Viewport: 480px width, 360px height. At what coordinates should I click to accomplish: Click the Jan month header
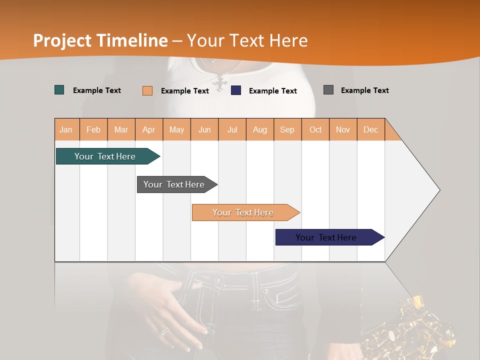click(66, 129)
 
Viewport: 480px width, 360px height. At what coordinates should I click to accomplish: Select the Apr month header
click(149, 129)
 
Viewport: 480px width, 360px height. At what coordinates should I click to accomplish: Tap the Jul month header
click(232, 129)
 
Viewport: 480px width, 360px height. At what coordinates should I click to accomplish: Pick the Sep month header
click(287, 129)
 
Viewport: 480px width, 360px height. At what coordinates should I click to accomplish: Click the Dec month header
click(370, 129)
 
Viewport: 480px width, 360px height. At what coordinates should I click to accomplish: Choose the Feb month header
click(93, 129)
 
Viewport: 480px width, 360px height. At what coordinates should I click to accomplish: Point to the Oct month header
click(315, 129)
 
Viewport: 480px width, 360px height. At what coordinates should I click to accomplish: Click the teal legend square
click(59, 90)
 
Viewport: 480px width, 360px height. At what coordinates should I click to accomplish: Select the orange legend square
click(147, 90)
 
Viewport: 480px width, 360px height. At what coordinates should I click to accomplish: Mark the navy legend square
click(236, 90)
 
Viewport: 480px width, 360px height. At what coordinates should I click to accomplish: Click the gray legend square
click(328, 90)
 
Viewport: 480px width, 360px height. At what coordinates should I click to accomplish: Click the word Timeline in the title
click(132, 40)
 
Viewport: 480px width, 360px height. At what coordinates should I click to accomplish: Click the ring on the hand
click(164, 331)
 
